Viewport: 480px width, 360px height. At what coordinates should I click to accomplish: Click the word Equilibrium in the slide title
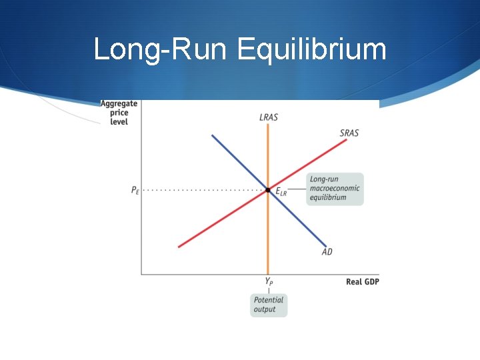311,50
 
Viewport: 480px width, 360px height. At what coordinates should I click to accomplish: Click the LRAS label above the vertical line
269,117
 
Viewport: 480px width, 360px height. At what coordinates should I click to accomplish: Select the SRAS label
349,133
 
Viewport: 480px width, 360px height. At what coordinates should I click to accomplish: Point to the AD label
327,252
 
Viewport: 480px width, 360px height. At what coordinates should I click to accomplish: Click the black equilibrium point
268,190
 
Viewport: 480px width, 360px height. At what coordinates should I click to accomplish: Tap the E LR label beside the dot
281,192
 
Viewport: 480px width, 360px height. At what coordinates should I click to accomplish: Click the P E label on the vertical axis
135,191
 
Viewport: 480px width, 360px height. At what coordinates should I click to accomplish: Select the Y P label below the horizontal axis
269,282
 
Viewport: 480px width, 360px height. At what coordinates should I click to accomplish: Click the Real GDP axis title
362,282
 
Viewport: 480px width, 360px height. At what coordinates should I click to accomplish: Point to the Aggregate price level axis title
119,113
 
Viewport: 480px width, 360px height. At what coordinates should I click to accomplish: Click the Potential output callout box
269,305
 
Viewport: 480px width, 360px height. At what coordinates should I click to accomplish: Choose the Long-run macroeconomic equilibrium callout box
335,189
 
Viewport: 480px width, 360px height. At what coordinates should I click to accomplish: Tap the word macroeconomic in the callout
335,189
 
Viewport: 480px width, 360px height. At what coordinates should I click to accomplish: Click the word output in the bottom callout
265,309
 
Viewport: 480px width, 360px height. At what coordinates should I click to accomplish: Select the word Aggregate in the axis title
119,104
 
